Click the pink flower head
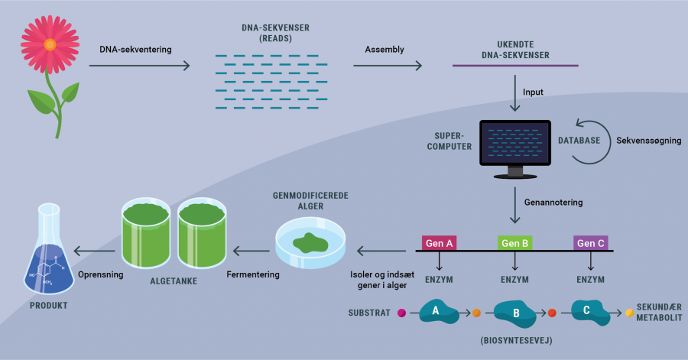[x=50, y=43]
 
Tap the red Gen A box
[x=440, y=243]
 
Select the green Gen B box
[x=516, y=243]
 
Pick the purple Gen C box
[x=591, y=243]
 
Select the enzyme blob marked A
[x=436, y=312]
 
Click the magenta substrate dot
[x=401, y=313]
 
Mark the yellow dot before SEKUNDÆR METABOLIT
[x=630, y=313]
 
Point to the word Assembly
[x=385, y=50]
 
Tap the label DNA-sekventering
[x=136, y=50]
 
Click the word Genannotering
[x=553, y=203]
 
